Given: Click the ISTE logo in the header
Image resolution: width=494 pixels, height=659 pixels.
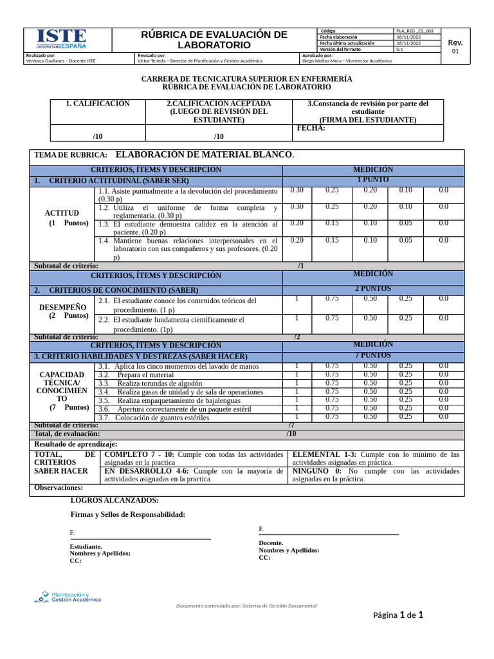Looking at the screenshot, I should coord(61,39).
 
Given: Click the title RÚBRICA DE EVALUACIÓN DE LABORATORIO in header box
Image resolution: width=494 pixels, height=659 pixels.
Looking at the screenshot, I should coord(214,40).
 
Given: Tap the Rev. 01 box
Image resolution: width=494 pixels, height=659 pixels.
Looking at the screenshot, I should coord(455,46).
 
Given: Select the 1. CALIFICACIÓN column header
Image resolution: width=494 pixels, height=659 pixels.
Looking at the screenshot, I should coord(98,104).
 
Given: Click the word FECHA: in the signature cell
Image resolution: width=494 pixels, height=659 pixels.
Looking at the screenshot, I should coord(311,128).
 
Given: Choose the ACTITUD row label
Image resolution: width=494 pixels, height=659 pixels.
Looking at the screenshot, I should coord(62,213).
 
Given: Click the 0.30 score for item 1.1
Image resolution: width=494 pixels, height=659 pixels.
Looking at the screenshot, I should coord(297,190).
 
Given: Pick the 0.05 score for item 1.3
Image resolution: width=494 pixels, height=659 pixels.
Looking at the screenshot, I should coord(405,223).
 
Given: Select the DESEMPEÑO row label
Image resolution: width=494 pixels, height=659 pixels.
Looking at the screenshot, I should coord(62,307).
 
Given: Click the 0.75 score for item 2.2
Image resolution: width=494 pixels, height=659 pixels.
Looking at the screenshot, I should coord(332,318).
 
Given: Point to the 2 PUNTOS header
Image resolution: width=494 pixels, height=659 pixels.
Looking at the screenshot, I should coord(372,289).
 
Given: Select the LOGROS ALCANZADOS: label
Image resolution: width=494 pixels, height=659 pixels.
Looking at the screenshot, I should coord(114,500).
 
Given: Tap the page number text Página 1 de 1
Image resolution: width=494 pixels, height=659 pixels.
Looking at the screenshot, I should coord(398,615).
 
